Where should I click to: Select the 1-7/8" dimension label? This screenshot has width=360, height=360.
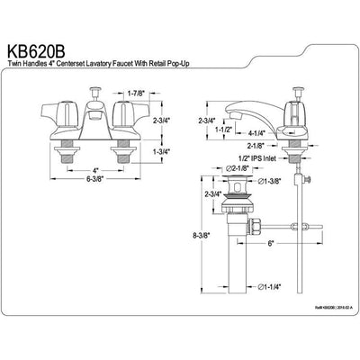137,94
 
